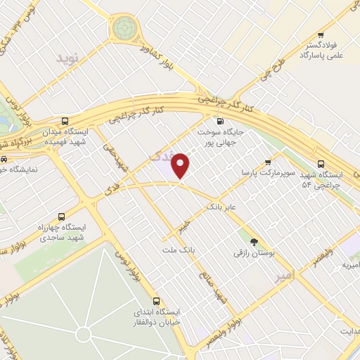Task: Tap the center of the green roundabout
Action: click(124, 28)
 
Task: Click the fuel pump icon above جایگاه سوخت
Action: click(221, 121)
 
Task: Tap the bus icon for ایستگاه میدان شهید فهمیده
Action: click(65, 121)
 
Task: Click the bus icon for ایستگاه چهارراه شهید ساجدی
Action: click(60, 217)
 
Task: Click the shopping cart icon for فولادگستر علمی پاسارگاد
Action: click(321, 35)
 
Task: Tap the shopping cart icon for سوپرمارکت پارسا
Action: click(267, 162)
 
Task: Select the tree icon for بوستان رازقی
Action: click(254, 240)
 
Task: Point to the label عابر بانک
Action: click(223, 207)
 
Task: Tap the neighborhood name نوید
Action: click(69, 56)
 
